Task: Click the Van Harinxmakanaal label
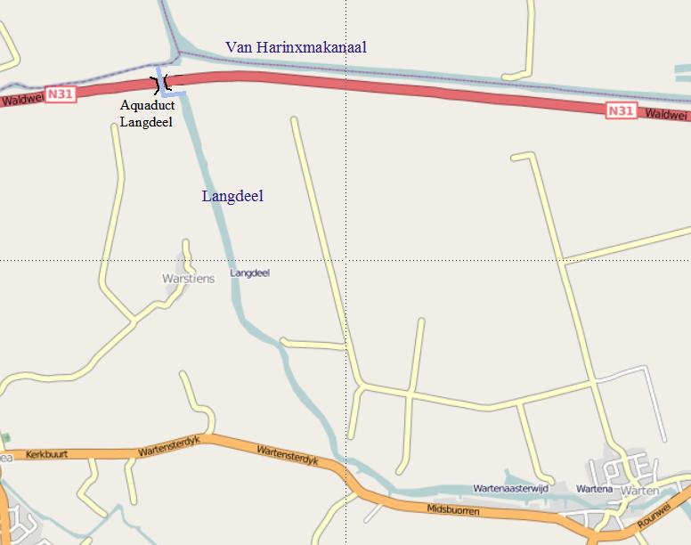click(296, 47)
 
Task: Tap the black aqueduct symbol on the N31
click(161, 85)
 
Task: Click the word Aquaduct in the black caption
click(147, 105)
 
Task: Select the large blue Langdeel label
click(232, 196)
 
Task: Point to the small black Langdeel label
click(249, 273)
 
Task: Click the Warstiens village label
click(188, 279)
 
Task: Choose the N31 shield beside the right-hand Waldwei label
click(622, 110)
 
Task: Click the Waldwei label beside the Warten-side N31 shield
click(666, 115)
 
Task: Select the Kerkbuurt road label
click(47, 454)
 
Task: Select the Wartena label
click(594, 489)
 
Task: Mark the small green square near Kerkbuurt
click(6, 438)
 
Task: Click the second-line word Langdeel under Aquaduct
click(146, 122)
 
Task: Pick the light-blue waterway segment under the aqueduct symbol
click(175, 93)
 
